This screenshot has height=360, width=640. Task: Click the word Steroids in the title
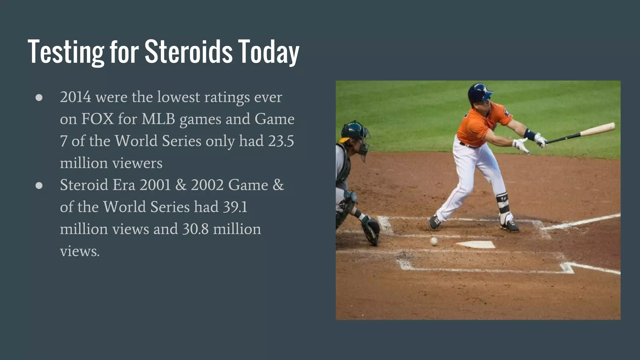188,52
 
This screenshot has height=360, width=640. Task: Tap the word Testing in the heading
66,52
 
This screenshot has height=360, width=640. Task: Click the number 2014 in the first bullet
76,97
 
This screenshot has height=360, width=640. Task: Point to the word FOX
97,119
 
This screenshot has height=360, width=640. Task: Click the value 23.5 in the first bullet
281,141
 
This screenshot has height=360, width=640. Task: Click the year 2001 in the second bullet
155,185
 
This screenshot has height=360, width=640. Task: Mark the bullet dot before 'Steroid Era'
39,185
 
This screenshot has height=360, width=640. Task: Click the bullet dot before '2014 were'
39,97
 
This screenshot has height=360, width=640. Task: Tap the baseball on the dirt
434,241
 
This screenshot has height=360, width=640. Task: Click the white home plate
476,244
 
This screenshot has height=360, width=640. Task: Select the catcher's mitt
371,230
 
